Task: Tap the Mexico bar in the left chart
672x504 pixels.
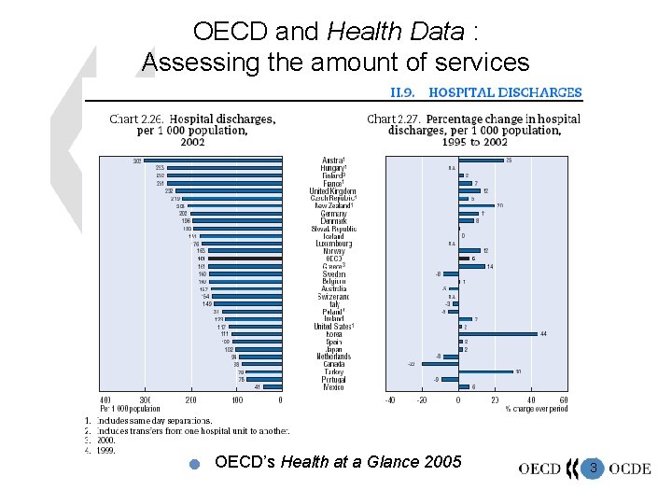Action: click(x=272, y=386)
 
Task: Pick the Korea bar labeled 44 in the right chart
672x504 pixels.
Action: click(x=497, y=333)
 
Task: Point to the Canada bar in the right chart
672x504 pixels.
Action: click(x=440, y=364)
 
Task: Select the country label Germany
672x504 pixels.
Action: click(x=332, y=213)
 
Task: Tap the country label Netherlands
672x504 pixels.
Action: click(x=332, y=357)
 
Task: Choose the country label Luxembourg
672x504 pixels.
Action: click(x=332, y=243)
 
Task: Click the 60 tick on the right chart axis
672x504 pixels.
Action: click(x=564, y=400)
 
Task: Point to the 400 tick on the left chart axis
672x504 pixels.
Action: click(x=105, y=400)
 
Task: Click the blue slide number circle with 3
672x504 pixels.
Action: click(x=593, y=466)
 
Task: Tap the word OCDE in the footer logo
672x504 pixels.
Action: click(x=630, y=468)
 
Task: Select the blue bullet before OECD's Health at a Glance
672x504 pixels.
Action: click(x=194, y=464)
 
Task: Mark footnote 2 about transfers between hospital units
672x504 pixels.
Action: click(x=187, y=431)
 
